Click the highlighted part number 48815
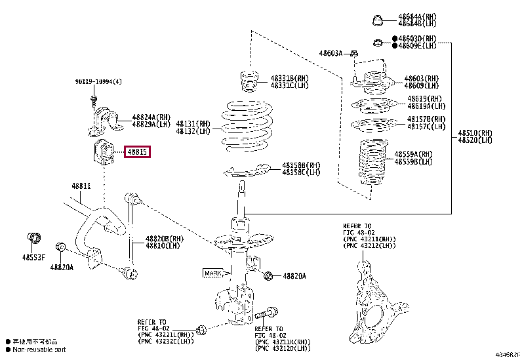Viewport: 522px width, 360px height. [138, 152]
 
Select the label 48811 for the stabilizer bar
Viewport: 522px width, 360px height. [81, 187]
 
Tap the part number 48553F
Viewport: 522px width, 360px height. [34, 258]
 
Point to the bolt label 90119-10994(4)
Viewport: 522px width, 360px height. [98, 82]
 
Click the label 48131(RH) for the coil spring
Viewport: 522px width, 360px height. [193, 123]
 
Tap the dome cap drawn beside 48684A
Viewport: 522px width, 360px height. [378, 20]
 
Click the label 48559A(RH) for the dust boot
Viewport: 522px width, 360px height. [413, 154]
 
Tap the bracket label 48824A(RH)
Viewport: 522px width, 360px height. [151, 117]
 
